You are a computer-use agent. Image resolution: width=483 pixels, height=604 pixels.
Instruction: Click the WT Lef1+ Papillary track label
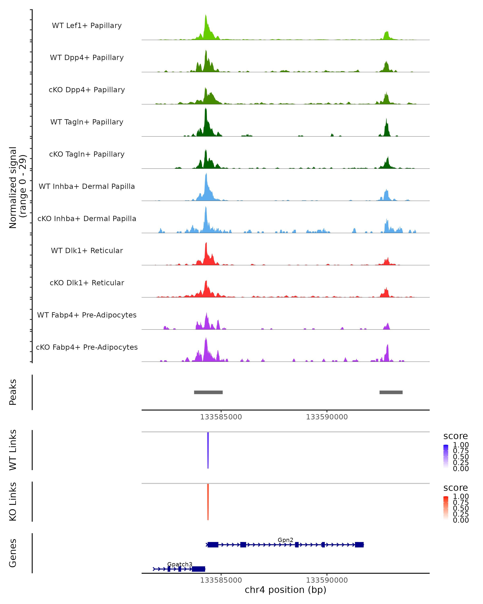(x=87, y=26)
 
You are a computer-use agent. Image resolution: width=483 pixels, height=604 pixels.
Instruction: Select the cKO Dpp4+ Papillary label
(x=87, y=90)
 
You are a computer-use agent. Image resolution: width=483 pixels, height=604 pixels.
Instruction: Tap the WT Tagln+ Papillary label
(x=87, y=122)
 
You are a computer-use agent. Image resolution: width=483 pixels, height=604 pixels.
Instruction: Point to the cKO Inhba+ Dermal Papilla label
(x=87, y=219)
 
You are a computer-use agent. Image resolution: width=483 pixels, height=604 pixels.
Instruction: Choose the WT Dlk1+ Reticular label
(x=87, y=251)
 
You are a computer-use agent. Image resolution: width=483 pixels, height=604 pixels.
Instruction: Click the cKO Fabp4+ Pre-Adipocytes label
(x=87, y=347)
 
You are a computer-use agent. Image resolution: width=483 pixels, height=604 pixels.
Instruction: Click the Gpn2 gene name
(x=285, y=540)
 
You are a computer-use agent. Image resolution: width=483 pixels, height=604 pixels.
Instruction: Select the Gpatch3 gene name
(x=180, y=564)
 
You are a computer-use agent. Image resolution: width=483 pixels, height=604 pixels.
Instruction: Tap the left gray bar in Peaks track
(x=208, y=392)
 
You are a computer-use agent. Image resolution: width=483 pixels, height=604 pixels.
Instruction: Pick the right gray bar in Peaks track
(x=391, y=392)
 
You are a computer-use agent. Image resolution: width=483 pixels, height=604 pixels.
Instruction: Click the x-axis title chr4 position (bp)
(x=285, y=590)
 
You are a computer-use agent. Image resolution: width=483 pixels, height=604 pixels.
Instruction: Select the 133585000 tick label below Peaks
(x=221, y=417)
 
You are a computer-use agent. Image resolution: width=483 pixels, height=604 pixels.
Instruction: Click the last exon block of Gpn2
(x=359, y=545)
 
